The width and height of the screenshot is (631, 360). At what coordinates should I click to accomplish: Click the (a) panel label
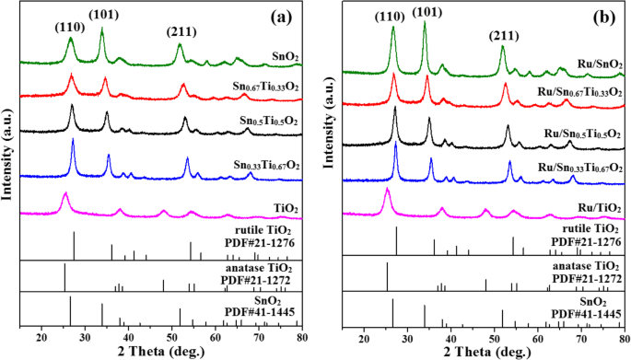point(278,20)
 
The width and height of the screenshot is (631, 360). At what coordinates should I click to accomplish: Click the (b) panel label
point(602,20)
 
